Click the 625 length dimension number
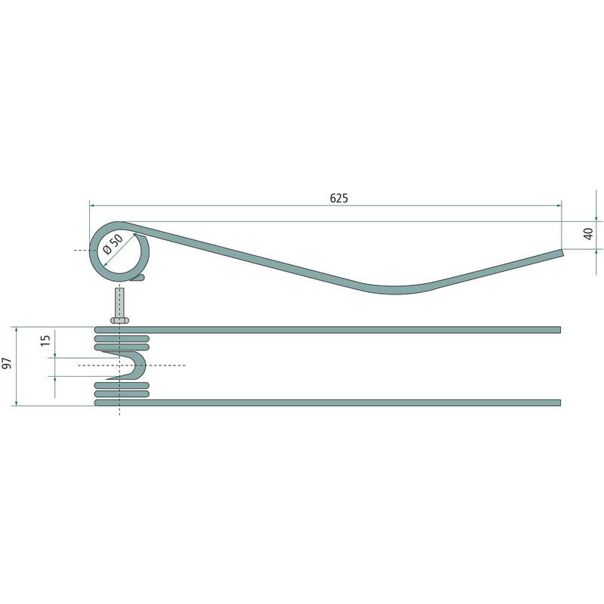click(338, 198)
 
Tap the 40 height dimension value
click(588, 233)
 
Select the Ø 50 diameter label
click(113, 244)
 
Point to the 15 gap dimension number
click(45, 341)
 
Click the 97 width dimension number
click(7, 363)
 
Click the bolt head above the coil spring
click(120, 320)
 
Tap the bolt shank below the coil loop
click(120, 303)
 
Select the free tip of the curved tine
click(562, 253)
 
